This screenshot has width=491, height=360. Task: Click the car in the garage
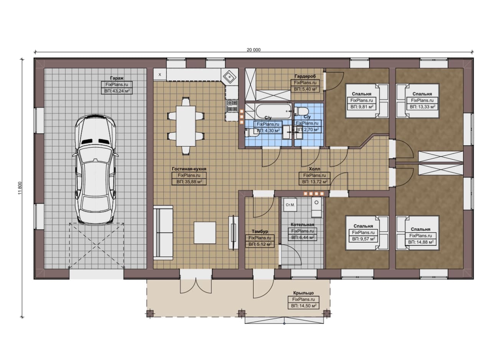96,170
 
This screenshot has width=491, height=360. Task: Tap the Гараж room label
117,78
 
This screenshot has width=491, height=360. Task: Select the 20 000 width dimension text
254,50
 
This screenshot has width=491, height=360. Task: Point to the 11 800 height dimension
20,188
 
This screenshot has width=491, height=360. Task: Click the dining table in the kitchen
186,126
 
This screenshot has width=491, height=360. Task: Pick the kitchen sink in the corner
229,77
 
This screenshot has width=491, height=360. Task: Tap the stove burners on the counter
232,105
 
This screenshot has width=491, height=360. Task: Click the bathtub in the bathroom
274,111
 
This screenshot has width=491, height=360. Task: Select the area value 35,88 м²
189,182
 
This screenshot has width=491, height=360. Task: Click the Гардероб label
305,76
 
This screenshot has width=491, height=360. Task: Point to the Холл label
315,169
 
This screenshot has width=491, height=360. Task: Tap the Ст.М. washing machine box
290,205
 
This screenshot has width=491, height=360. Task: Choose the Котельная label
303,225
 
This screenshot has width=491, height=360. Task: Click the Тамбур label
260,232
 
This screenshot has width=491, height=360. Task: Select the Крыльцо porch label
303,293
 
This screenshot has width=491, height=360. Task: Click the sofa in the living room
163,233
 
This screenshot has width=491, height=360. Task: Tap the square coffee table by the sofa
205,233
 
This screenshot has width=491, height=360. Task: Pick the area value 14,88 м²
421,242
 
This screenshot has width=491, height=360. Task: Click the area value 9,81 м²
362,107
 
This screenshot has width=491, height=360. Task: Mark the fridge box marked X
160,74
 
